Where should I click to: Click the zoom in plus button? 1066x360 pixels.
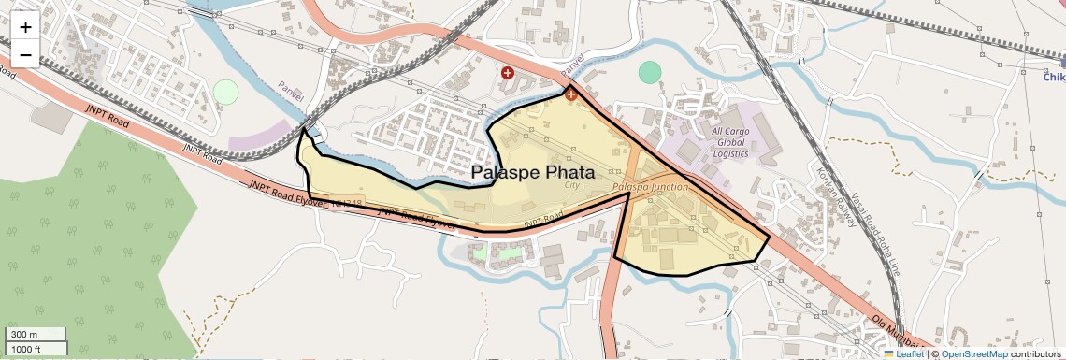click(25, 27)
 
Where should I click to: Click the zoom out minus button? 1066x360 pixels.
click(25, 55)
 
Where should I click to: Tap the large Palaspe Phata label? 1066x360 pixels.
click(532, 173)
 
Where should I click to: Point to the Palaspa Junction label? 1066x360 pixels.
click(650, 187)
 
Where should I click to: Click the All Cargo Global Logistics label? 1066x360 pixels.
click(730, 142)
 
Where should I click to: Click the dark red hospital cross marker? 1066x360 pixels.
click(508, 72)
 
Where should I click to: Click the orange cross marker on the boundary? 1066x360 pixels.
click(570, 94)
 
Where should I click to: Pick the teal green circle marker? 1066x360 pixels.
click(650, 72)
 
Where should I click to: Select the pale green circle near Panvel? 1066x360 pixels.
click(225, 92)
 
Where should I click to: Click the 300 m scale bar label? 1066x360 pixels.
click(25, 335)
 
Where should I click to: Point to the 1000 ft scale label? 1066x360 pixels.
click(27, 349)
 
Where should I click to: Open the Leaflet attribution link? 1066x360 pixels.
click(904, 353)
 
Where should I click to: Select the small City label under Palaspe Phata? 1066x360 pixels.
click(572, 186)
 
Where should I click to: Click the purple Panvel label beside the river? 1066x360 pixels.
click(292, 91)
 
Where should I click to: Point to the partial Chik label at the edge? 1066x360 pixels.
click(1054, 77)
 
